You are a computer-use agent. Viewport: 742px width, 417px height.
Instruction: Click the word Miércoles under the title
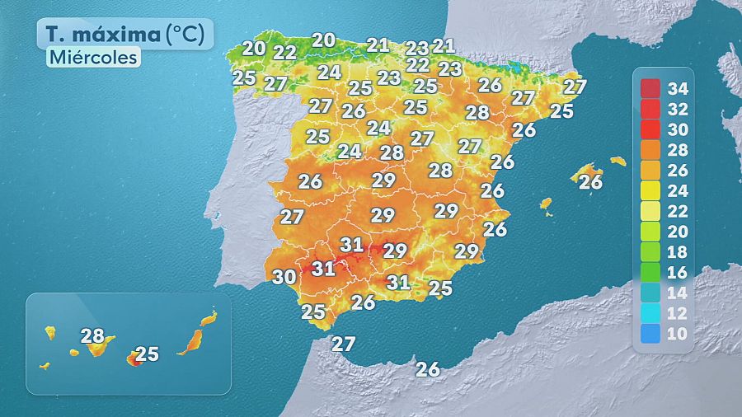tap(92, 58)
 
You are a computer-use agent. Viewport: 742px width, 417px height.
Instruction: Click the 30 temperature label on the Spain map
tap(284, 278)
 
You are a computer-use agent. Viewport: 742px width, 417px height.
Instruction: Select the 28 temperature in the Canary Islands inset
tap(92, 335)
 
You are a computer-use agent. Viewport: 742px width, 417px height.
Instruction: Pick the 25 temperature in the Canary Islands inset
tap(147, 354)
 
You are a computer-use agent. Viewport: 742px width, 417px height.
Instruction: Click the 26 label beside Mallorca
tap(590, 182)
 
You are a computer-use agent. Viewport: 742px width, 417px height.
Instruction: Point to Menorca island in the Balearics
tap(618, 161)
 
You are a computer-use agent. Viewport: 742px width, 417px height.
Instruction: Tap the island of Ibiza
tap(545, 202)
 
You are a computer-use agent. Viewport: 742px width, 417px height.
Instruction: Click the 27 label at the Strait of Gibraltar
tap(343, 344)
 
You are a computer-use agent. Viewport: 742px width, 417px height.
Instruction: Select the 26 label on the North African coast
tap(428, 369)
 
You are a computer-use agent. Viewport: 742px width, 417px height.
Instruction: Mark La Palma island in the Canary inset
tap(49, 332)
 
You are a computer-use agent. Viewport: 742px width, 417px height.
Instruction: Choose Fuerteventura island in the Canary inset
tap(192, 340)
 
